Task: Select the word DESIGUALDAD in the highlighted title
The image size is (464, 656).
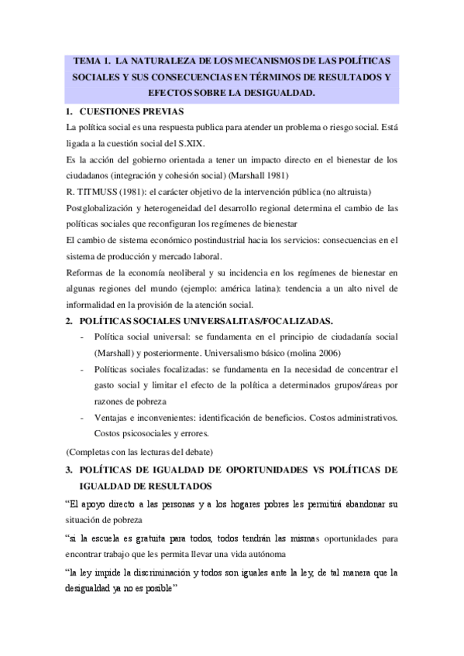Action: point(277,94)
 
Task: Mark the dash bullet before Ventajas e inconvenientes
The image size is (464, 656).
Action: point(82,419)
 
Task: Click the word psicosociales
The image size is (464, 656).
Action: point(146,435)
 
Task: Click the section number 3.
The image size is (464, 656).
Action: point(69,470)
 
